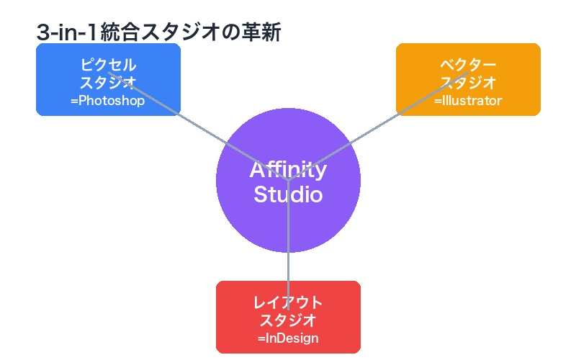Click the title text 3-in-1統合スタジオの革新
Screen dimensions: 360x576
point(158,32)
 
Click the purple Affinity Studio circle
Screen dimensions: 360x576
point(288,223)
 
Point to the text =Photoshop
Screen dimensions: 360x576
point(108,101)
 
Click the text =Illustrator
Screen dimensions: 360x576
point(468,101)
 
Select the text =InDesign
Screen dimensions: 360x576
point(288,338)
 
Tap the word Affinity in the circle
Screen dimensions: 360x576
point(288,170)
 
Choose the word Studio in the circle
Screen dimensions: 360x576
point(288,194)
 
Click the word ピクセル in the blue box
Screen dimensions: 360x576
point(108,65)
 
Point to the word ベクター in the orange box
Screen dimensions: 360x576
point(468,65)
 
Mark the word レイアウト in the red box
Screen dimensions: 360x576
point(288,302)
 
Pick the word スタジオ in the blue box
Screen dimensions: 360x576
point(108,82)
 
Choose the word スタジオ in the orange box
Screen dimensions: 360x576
point(468,82)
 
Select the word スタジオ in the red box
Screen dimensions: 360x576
point(288,320)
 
